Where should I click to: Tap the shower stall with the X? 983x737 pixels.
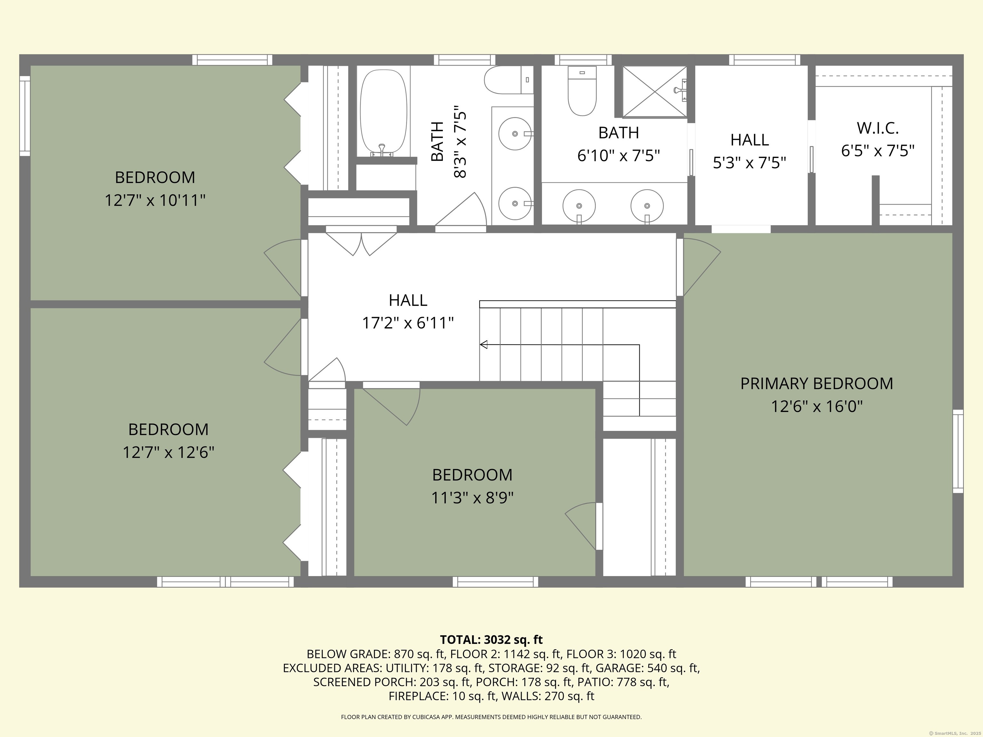654,91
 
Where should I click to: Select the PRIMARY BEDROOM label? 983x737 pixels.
816,384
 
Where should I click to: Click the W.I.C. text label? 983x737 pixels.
878,128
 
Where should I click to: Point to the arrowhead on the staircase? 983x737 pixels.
484,344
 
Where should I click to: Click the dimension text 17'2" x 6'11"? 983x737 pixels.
408,323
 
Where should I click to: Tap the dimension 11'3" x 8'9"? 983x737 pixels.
472,497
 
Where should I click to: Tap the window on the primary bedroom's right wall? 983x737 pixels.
958,451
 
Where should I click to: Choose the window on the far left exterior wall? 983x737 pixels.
25,116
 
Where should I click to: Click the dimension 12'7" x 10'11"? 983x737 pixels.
155,200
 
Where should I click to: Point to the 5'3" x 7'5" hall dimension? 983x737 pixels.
750,163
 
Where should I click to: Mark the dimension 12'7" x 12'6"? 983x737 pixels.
168,452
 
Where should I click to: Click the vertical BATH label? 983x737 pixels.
437,142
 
